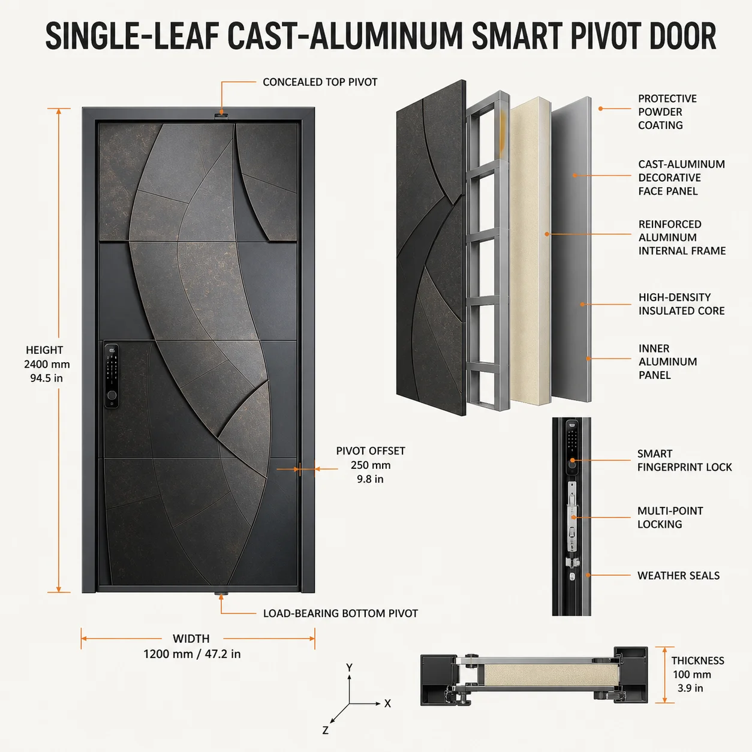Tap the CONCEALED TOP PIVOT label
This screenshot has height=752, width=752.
point(320,82)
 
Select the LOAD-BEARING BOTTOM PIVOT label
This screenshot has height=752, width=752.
point(340,613)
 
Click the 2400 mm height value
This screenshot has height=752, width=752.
point(47,364)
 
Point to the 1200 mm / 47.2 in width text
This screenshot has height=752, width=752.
point(192,654)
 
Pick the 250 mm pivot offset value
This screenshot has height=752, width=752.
point(371,465)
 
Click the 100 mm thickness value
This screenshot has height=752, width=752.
point(692,675)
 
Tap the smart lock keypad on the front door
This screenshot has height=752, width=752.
point(112,375)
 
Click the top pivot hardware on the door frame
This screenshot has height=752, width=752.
point(221,115)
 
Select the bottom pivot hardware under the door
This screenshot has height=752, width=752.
point(221,594)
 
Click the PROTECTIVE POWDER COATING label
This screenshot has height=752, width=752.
point(667,112)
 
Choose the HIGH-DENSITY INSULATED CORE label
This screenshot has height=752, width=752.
point(681,304)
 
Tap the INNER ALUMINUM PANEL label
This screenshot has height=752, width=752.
point(667,362)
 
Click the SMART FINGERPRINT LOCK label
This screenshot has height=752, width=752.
point(684,461)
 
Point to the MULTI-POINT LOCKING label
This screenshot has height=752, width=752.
point(670,518)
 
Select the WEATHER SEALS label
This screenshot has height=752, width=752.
point(678,575)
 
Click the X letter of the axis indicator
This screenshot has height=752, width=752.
point(387,703)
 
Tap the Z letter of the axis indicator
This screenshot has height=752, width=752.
point(326,730)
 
